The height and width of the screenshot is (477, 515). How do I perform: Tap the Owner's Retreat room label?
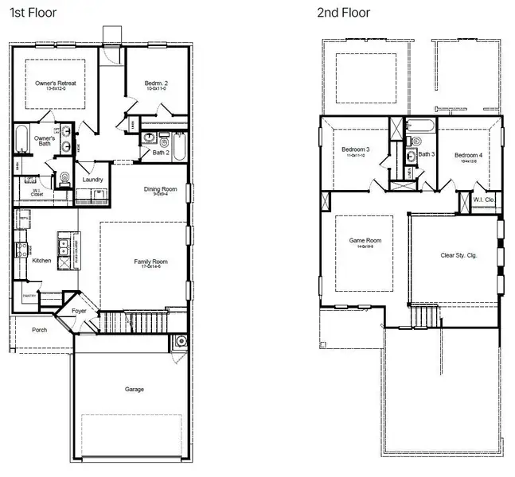pyautogui.click(x=56, y=83)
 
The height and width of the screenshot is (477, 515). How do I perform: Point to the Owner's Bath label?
pyautogui.click(x=45, y=142)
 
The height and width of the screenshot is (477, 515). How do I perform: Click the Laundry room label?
pyautogui.click(x=93, y=180)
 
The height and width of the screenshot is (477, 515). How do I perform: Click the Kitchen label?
pyautogui.click(x=41, y=260)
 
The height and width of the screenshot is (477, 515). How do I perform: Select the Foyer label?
pyautogui.click(x=80, y=311)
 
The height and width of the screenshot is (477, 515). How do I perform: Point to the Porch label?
pyautogui.click(x=39, y=329)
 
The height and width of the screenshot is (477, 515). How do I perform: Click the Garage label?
pyautogui.click(x=135, y=389)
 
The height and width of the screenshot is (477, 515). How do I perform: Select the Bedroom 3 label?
pyautogui.click(x=356, y=149)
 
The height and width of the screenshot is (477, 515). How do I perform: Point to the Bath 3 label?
pyautogui.click(x=427, y=153)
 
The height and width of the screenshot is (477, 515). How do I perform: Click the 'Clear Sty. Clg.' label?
pyautogui.click(x=458, y=255)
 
